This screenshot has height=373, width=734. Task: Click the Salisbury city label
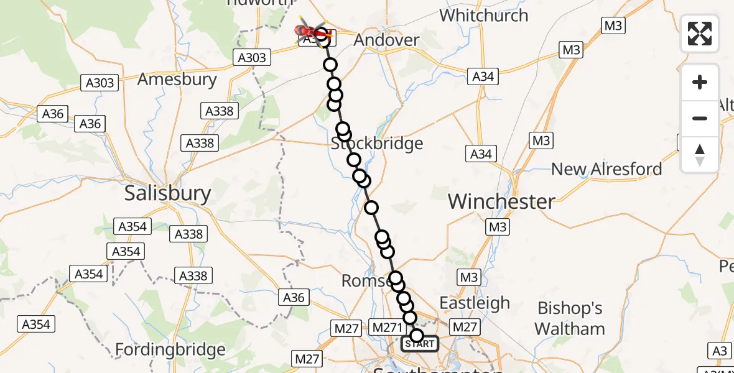168,193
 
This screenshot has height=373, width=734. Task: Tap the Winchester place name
501,201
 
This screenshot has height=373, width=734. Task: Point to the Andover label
386,40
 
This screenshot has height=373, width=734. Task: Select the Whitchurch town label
484,15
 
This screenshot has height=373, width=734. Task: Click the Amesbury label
177,80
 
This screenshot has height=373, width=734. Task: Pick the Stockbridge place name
377,144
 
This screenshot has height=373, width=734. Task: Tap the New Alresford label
606,168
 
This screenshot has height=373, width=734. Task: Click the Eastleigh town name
475,303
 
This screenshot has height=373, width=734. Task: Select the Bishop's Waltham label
571,318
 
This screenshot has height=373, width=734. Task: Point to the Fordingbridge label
170,350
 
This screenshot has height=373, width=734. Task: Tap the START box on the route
420,344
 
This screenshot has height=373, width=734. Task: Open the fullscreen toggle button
700,34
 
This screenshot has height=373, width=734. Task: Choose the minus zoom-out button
700,118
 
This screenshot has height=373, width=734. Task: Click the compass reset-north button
700,154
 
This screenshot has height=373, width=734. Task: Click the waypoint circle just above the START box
417,336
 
